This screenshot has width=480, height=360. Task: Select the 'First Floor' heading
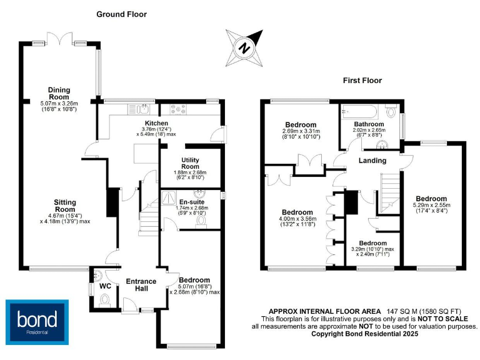click(362, 81)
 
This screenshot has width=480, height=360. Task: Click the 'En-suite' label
click(191, 202)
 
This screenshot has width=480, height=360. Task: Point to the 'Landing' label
click(372, 161)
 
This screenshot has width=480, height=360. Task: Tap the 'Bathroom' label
click(369, 124)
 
